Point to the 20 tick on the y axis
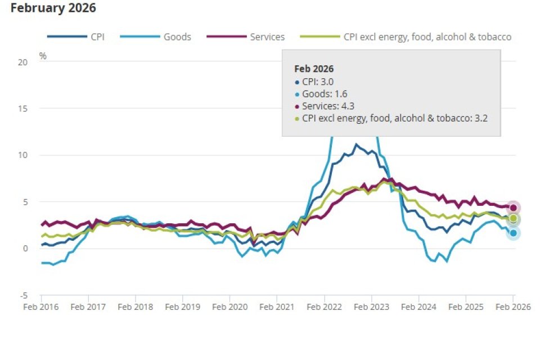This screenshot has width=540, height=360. [x=22, y=62]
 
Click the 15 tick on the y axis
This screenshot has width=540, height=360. [x=22, y=109]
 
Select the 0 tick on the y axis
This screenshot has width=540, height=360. [x=25, y=249]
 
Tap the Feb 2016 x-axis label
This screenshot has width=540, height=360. [x=41, y=308]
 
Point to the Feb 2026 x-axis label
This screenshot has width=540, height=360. [x=512, y=308]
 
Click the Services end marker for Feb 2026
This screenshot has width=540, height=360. [x=513, y=208]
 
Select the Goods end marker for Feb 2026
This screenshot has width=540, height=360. [x=513, y=233]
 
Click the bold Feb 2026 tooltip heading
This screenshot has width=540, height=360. [x=314, y=69]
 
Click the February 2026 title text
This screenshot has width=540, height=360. [x=53, y=8]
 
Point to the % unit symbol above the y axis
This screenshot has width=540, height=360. [x=43, y=56]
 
